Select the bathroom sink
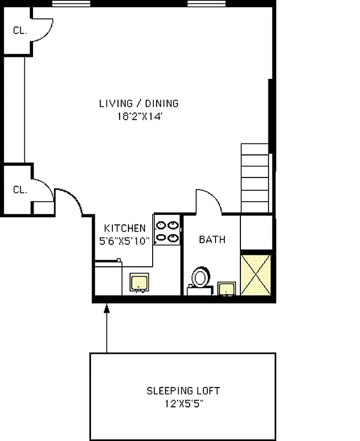(x=227, y=288)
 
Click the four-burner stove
(x=167, y=231)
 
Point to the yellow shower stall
(x=256, y=273)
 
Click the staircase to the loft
(x=256, y=178)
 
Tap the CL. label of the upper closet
(x=20, y=31)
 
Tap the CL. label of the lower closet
(x=20, y=190)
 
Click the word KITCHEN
(x=125, y=228)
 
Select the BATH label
(x=212, y=240)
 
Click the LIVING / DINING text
(x=139, y=103)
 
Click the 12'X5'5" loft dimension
(x=183, y=403)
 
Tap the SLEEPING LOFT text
(x=183, y=391)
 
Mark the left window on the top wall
(x=71, y=4)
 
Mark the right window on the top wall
(x=206, y=4)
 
